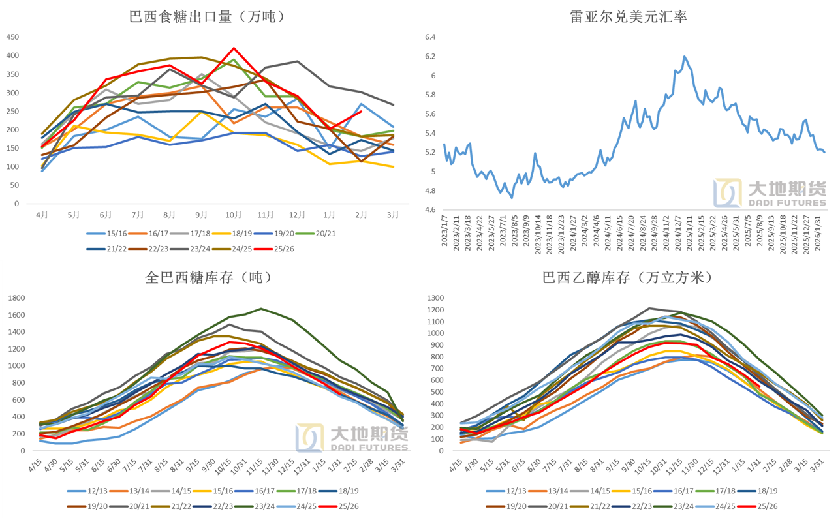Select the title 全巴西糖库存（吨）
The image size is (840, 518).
point(208,277)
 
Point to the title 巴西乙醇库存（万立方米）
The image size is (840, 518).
point(627,277)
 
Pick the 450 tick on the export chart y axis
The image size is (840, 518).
point(12,37)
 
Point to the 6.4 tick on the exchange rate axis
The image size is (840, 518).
point(430,37)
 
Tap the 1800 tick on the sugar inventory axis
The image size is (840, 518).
point(16,298)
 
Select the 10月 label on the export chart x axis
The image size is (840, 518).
point(233,214)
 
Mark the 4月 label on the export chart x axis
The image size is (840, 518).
point(42,214)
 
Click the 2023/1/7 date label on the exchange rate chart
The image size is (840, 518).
point(444,232)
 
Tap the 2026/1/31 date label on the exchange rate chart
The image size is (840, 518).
point(821,232)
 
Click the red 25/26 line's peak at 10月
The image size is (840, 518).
point(234,48)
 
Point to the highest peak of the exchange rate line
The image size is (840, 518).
point(685,57)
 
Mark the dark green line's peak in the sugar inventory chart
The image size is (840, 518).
point(261,309)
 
